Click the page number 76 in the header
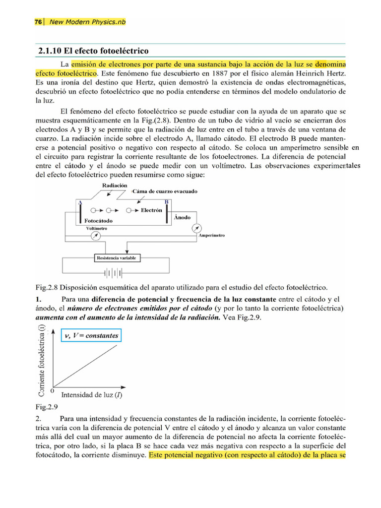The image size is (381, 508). [x=38, y=22]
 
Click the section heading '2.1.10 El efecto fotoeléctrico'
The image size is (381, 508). [x=93, y=51]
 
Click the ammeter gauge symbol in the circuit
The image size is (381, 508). [x=197, y=228]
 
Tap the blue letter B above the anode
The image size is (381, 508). [x=166, y=202]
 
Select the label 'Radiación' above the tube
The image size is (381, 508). [x=111, y=185]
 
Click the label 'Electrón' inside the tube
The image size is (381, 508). [x=151, y=210]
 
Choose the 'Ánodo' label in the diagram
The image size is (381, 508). [x=183, y=218]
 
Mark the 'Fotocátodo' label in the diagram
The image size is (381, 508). [x=98, y=220]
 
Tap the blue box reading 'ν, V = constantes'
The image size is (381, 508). [x=91, y=336]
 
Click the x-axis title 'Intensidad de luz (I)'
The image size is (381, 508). [x=92, y=395]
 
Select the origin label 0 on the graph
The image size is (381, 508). [x=53, y=390]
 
